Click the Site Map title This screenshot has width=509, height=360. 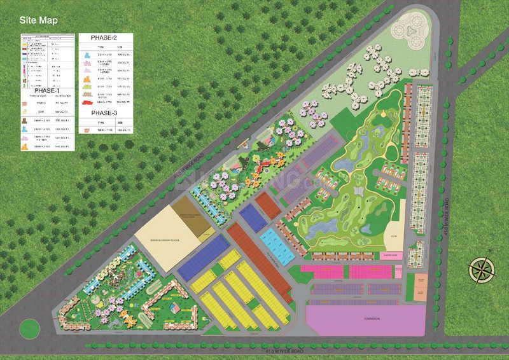39,20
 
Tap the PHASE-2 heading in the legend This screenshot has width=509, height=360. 106,38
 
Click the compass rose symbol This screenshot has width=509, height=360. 482,268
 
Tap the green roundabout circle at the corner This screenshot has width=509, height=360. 29,329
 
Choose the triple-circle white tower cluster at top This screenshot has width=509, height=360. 408,29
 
